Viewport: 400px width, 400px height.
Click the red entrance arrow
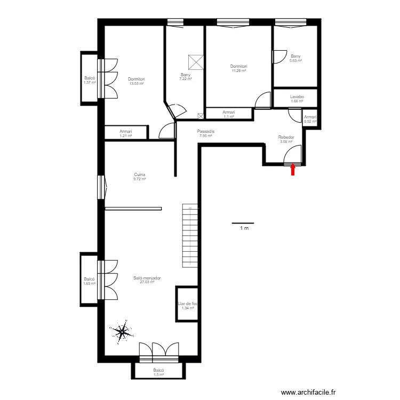293,170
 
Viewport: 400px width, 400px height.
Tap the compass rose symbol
122,332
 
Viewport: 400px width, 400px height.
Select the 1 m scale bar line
243,223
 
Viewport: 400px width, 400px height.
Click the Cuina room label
140,174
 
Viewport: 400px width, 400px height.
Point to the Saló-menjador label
147,278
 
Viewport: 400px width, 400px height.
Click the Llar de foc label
188,303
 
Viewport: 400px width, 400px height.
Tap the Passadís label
206,131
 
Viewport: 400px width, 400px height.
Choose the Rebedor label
286,137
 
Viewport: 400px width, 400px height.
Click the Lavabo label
297,97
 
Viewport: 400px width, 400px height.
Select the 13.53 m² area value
137,83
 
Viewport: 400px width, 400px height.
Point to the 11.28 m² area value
239,70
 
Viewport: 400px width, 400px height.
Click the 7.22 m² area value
186,79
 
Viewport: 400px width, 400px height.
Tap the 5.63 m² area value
295,61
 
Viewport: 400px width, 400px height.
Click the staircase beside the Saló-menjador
190,235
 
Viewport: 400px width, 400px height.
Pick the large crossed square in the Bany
196,62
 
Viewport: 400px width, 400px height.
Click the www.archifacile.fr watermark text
308,392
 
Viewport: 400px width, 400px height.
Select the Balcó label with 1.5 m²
158,370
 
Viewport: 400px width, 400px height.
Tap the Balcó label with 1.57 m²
90,78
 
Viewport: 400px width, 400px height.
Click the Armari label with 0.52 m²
310,117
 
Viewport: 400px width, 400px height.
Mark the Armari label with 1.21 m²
126,131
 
